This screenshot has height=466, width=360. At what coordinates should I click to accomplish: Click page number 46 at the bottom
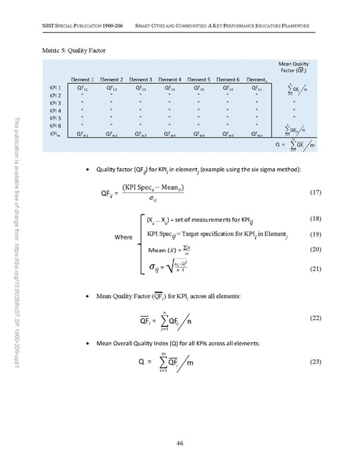[x=180, y=443]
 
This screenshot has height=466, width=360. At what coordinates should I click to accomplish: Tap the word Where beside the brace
[x=124, y=237]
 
